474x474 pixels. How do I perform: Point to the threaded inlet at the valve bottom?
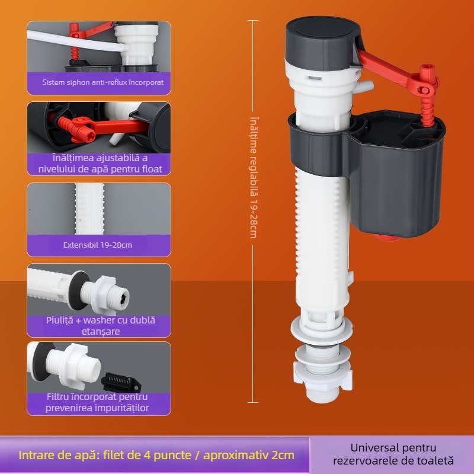tap(323, 395)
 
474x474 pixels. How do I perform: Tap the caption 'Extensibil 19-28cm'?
tap(98, 244)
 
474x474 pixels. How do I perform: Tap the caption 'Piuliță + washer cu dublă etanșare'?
tap(98, 325)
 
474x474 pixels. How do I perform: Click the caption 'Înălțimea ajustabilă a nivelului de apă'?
tap(98, 163)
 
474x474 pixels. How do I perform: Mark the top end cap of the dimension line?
tap(253, 21)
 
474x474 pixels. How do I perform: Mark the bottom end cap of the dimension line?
tap(253, 402)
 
